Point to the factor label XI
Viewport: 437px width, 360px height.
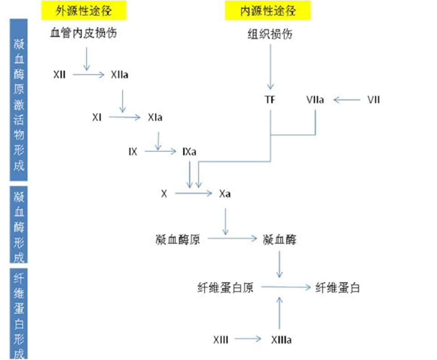[x=96, y=118]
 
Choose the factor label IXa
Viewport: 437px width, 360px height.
[x=189, y=152]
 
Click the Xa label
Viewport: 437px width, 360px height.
[x=225, y=194]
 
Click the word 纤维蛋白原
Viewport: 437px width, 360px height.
[x=225, y=287]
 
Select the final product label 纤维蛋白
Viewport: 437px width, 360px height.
[x=338, y=287]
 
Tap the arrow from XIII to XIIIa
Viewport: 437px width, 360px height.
[x=249, y=340]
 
